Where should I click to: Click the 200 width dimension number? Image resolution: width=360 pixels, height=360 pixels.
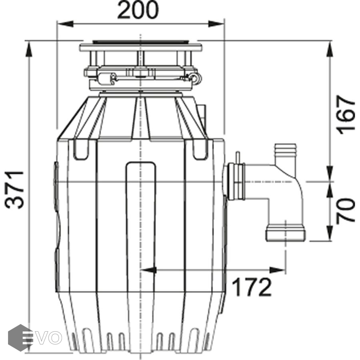pos(138,10)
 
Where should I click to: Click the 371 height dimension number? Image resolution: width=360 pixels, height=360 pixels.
pos(14,190)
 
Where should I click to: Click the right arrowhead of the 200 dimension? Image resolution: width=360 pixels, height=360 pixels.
pos(216,24)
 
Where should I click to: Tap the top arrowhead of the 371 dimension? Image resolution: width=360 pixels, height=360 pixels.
pos(29,49)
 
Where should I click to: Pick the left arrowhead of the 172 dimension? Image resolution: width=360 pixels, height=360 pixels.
pos(148,270)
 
